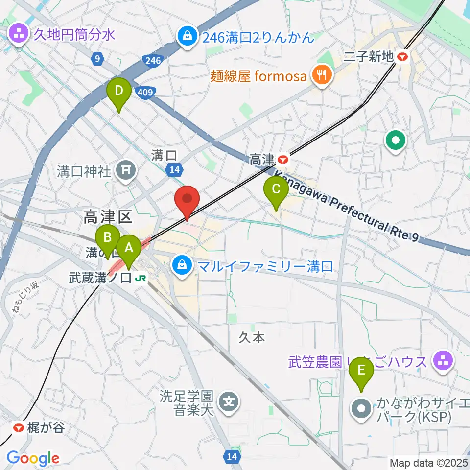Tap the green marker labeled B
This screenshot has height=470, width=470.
coord(107,238)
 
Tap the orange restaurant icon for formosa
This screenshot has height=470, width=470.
coord(321,75)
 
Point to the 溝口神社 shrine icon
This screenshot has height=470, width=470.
coord(124,170)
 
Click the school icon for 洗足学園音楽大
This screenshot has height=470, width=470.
coord(229,402)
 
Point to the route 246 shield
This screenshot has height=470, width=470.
coord(152,60)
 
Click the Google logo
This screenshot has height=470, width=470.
coord(33,458)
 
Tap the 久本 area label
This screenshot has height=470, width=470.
coord(252,338)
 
